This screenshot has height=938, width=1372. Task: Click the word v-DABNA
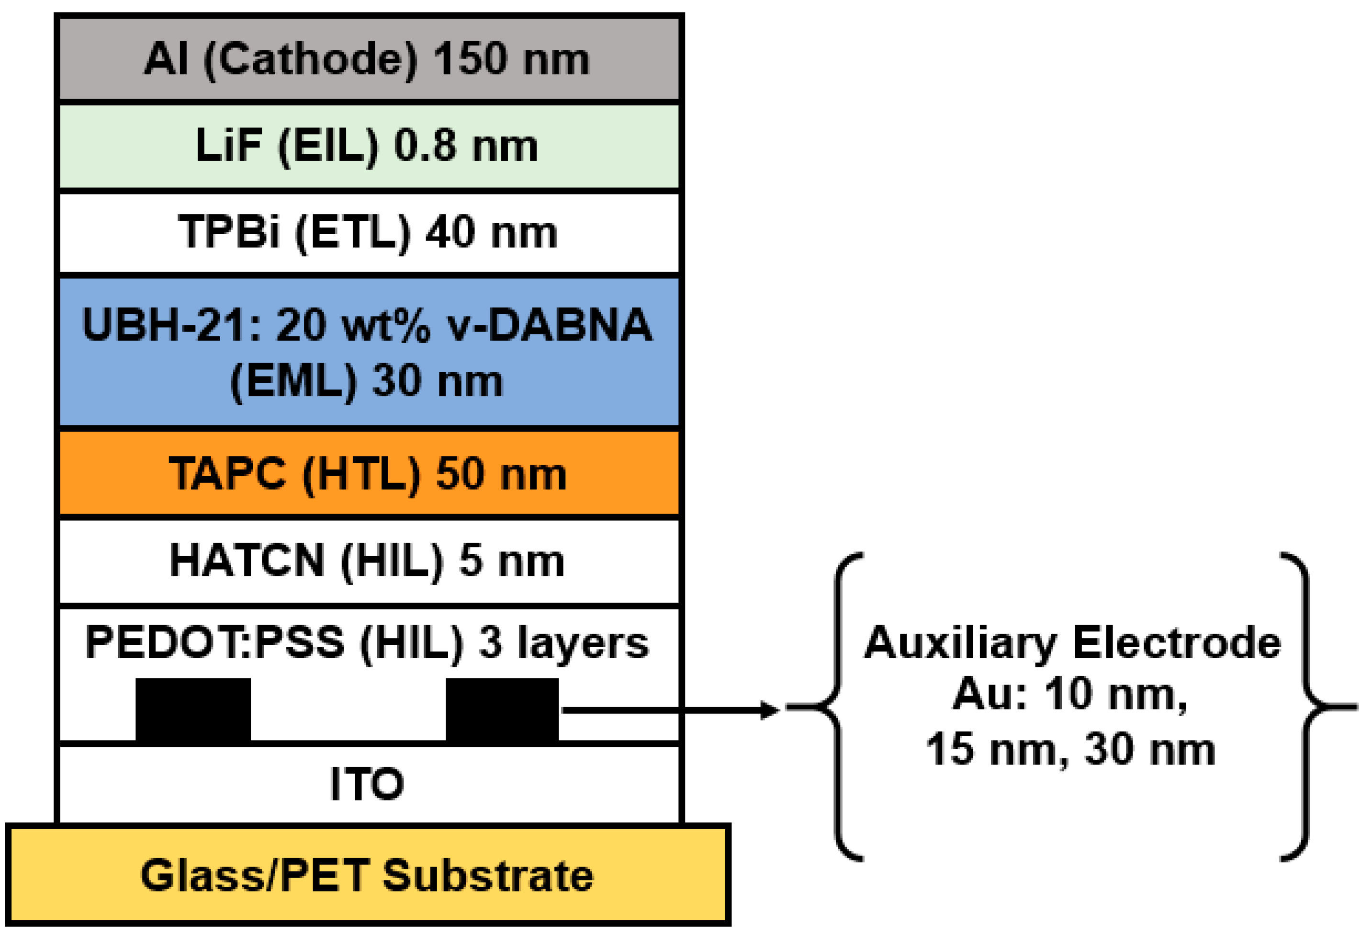(550, 325)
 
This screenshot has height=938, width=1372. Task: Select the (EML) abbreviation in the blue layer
(293, 382)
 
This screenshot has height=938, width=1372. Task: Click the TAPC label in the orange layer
(228, 474)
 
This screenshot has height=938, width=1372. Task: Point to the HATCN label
(247, 561)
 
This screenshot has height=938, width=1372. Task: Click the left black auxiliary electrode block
(193, 709)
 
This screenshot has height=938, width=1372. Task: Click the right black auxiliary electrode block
(502, 709)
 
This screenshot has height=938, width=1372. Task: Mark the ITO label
(367, 784)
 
